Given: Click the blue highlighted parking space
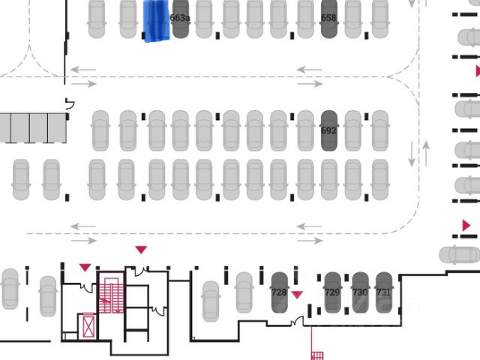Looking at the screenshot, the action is (156, 20).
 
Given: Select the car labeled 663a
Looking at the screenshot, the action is (180, 20).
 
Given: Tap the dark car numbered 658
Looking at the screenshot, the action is (328, 20).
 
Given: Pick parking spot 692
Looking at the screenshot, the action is (328, 131).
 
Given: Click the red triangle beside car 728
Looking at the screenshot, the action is (297, 295).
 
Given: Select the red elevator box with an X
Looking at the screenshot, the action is (88, 326).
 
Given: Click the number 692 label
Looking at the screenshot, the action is (328, 130).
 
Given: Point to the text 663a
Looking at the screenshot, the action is (180, 16).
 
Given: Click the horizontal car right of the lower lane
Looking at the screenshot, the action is (459, 255).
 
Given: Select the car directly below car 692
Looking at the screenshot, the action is (328, 180).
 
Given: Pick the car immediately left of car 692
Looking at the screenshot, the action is (304, 131).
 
